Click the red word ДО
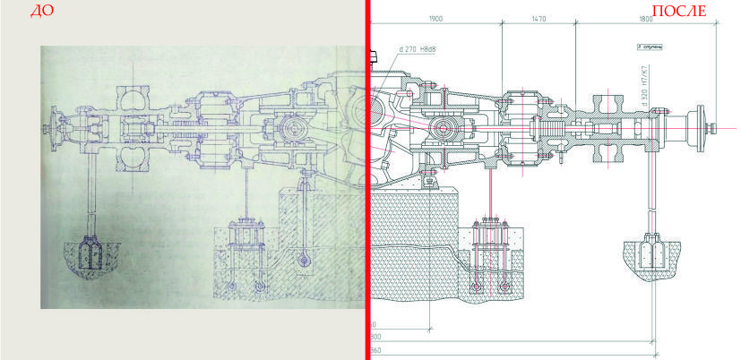pos(42,12)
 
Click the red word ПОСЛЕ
pos(677,12)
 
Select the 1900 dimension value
pos(435,18)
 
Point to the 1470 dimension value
pos(539,18)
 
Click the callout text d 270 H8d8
pos(416,50)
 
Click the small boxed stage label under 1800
pos(649,43)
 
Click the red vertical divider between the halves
pos(367,179)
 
